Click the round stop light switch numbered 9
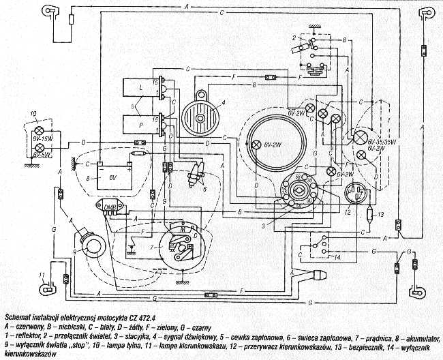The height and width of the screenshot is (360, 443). pos(91,241)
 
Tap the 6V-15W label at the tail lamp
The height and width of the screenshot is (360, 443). pos(44,139)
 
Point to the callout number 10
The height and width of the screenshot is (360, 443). pos(33,112)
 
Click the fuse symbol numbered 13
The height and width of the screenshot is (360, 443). pos(370,216)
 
